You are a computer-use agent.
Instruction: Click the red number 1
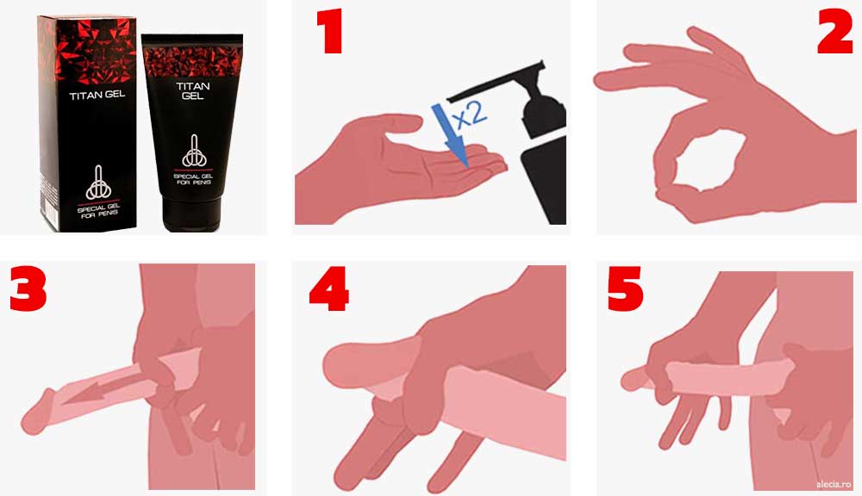(x=329, y=31)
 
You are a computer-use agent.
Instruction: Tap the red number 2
(x=834, y=32)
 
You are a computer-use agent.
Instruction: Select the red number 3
(x=28, y=289)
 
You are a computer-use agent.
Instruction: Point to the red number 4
(x=329, y=289)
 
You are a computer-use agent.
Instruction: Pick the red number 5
(x=625, y=289)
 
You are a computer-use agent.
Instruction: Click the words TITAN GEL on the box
(x=97, y=95)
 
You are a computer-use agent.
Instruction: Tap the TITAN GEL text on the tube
(x=193, y=90)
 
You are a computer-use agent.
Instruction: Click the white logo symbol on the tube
(x=194, y=151)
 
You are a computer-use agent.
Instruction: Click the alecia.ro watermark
(x=834, y=485)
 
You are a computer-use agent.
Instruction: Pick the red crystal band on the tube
(x=192, y=61)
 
